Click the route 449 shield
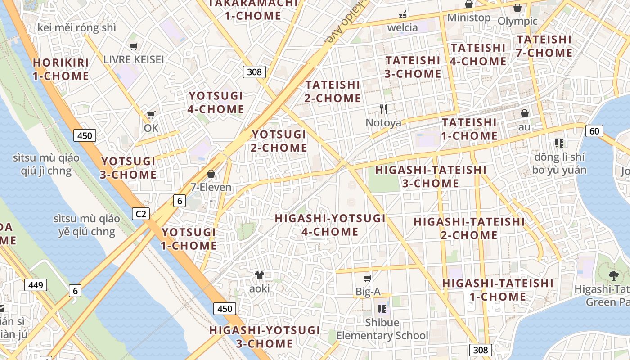[36, 285]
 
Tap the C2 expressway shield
[141, 214]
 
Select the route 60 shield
[594, 131]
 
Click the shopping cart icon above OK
[151, 115]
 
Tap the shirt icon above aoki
[260, 275]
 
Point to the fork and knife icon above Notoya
[383, 109]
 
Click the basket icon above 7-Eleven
[211, 174]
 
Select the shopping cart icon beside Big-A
[368, 278]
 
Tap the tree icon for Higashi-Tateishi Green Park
[613, 275]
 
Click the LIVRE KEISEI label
[133, 59]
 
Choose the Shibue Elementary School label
[382, 329]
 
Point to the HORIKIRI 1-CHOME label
[61, 69]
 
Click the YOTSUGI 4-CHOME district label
[216, 103]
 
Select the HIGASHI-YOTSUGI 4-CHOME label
[330, 225]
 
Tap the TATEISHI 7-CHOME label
[544, 46]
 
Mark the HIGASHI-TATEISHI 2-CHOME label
[469, 228]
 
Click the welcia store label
[403, 27]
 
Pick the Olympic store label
[517, 21]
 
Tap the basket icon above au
[524, 113]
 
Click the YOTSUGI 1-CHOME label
[189, 239]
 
